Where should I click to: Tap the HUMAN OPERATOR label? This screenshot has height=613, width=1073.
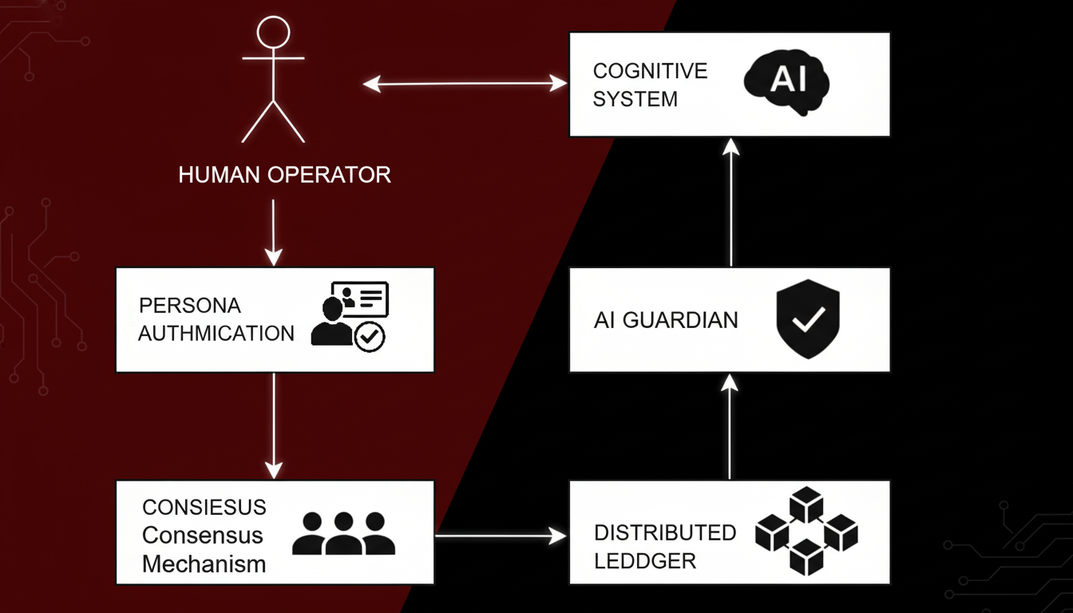point(285,174)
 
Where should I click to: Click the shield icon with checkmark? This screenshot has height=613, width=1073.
point(808,318)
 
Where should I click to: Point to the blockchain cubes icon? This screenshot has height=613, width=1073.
point(806,532)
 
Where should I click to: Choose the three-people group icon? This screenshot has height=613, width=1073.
point(344,534)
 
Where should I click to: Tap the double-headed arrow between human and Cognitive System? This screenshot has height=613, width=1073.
point(465,83)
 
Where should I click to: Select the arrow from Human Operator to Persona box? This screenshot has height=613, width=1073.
point(273,231)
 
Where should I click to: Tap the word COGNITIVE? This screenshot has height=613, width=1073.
point(650,71)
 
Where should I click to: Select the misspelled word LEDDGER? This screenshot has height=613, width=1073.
point(645,560)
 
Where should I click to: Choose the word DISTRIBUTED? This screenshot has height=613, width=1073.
point(665,532)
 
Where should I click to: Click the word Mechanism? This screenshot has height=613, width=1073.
point(204,564)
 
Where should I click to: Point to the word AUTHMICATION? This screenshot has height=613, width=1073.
point(216,333)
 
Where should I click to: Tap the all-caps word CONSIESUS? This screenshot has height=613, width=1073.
point(204,507)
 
